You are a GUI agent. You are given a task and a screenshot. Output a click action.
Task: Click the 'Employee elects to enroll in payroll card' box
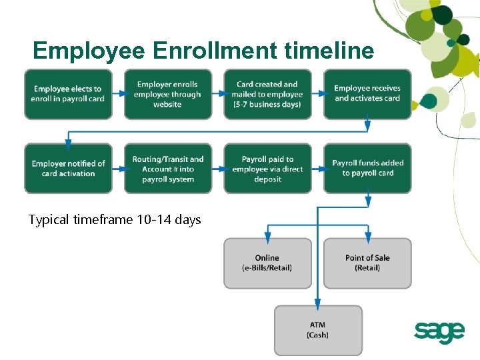(x=67, y=95)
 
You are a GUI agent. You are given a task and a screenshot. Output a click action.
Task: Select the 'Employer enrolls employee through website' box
(x=167, y=95)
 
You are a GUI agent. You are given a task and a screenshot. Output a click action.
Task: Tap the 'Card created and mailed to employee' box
(x=267, y=95)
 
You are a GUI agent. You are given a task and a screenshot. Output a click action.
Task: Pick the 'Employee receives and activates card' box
(x=367, y=94)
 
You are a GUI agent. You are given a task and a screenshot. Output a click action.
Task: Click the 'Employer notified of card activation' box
(x=67, y=169)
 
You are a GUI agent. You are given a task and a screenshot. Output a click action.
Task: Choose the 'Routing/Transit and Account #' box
(x=167, y=169)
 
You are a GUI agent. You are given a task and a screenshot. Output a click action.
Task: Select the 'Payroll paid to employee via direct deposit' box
(x=267, y=169)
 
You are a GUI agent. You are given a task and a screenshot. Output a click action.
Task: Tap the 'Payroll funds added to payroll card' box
(x=367, y=169)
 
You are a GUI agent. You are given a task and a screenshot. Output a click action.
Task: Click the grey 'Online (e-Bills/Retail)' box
(x=267, y=263)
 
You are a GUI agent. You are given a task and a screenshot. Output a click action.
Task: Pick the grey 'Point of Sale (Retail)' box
(x=367, y=263)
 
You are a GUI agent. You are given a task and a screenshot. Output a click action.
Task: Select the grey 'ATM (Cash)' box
(x=318, y=330)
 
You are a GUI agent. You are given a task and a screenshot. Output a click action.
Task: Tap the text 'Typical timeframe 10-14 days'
(x=115, y=219)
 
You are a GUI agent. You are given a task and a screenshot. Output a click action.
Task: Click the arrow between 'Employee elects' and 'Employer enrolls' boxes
(x=117, y=94)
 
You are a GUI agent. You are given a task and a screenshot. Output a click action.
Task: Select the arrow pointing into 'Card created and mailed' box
(x=217, y=94)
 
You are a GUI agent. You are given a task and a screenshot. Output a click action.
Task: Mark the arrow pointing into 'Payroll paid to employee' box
(x=217, y=169)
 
